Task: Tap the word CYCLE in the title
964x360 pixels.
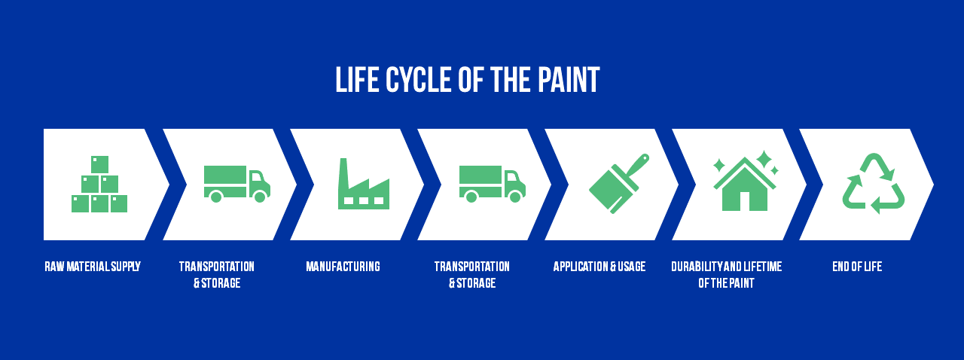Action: tap(418, 80)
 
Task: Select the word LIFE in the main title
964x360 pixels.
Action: tap(357, 80)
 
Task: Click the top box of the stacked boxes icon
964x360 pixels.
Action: tap(99, 164)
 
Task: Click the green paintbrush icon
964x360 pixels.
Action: tap(619, 184)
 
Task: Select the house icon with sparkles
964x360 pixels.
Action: tap(745, 181)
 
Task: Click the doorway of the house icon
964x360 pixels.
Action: tap(745, 202)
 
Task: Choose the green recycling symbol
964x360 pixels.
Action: tap(874, 184)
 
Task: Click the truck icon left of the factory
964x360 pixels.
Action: tap(237, 184)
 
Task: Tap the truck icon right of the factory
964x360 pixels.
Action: tap(493, 184)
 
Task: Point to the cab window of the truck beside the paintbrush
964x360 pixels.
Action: tap(511, 177)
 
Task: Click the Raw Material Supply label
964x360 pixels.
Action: tap(93, 267)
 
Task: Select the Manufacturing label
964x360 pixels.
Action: tap(343, 267)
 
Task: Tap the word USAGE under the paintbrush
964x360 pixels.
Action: tap(632, 267)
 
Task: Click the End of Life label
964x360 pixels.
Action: tap(857, 267)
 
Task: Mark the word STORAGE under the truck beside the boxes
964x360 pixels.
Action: tap(221, 283)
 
